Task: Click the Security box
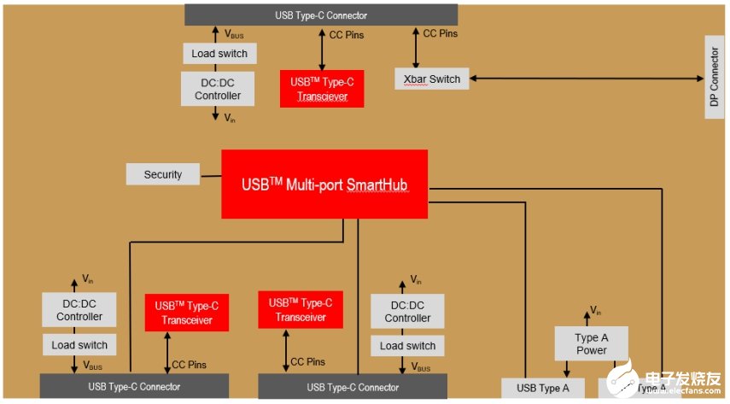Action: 163,174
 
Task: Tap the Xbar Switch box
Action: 431,79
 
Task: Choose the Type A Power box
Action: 591,343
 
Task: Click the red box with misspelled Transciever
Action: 321,89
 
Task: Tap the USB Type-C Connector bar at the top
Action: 321,15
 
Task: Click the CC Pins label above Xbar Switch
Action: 441,34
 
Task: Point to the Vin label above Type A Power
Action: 596,312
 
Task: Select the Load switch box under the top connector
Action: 219,54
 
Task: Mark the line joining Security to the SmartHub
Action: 211,174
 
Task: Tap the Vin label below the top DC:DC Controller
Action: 230,119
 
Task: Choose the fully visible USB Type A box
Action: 543,389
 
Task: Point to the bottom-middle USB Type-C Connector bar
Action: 353,387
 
